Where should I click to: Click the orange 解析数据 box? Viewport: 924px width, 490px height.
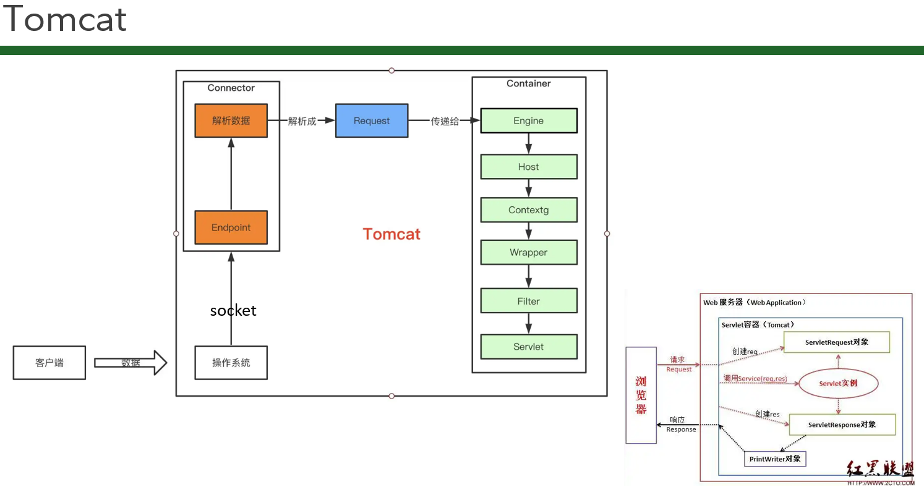coord(231,120)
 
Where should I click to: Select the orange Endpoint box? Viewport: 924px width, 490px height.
coord(231,227)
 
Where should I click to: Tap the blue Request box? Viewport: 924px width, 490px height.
coord(372,120)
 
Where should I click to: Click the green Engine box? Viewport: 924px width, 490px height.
coord(528,120)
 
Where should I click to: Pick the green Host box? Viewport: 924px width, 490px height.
coord(528,167)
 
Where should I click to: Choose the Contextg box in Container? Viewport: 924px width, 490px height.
coord(528,210)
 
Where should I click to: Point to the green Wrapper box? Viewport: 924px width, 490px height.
coord(528,252)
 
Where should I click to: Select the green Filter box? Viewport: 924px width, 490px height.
coord(528,301)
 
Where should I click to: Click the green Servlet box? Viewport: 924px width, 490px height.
coord(528,347)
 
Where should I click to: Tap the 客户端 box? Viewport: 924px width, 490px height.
coord(49,363)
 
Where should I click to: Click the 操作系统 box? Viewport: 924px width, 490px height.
coord(231,363)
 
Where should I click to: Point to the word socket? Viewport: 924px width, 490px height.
coord(233,310)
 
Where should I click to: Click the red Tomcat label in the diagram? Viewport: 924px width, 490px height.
coord(391,234)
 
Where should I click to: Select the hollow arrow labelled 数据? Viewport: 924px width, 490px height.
coord(130,363)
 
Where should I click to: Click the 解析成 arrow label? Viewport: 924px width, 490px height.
coord(302,121)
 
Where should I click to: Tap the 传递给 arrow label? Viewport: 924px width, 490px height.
coord(445,121)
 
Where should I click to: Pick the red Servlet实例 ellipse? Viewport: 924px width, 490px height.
coord(838,384)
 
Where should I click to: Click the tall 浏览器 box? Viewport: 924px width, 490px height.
coord(641,395)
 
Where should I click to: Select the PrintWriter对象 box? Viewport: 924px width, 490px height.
coord(775,458)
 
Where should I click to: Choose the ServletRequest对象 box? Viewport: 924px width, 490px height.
coord(836,342)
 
